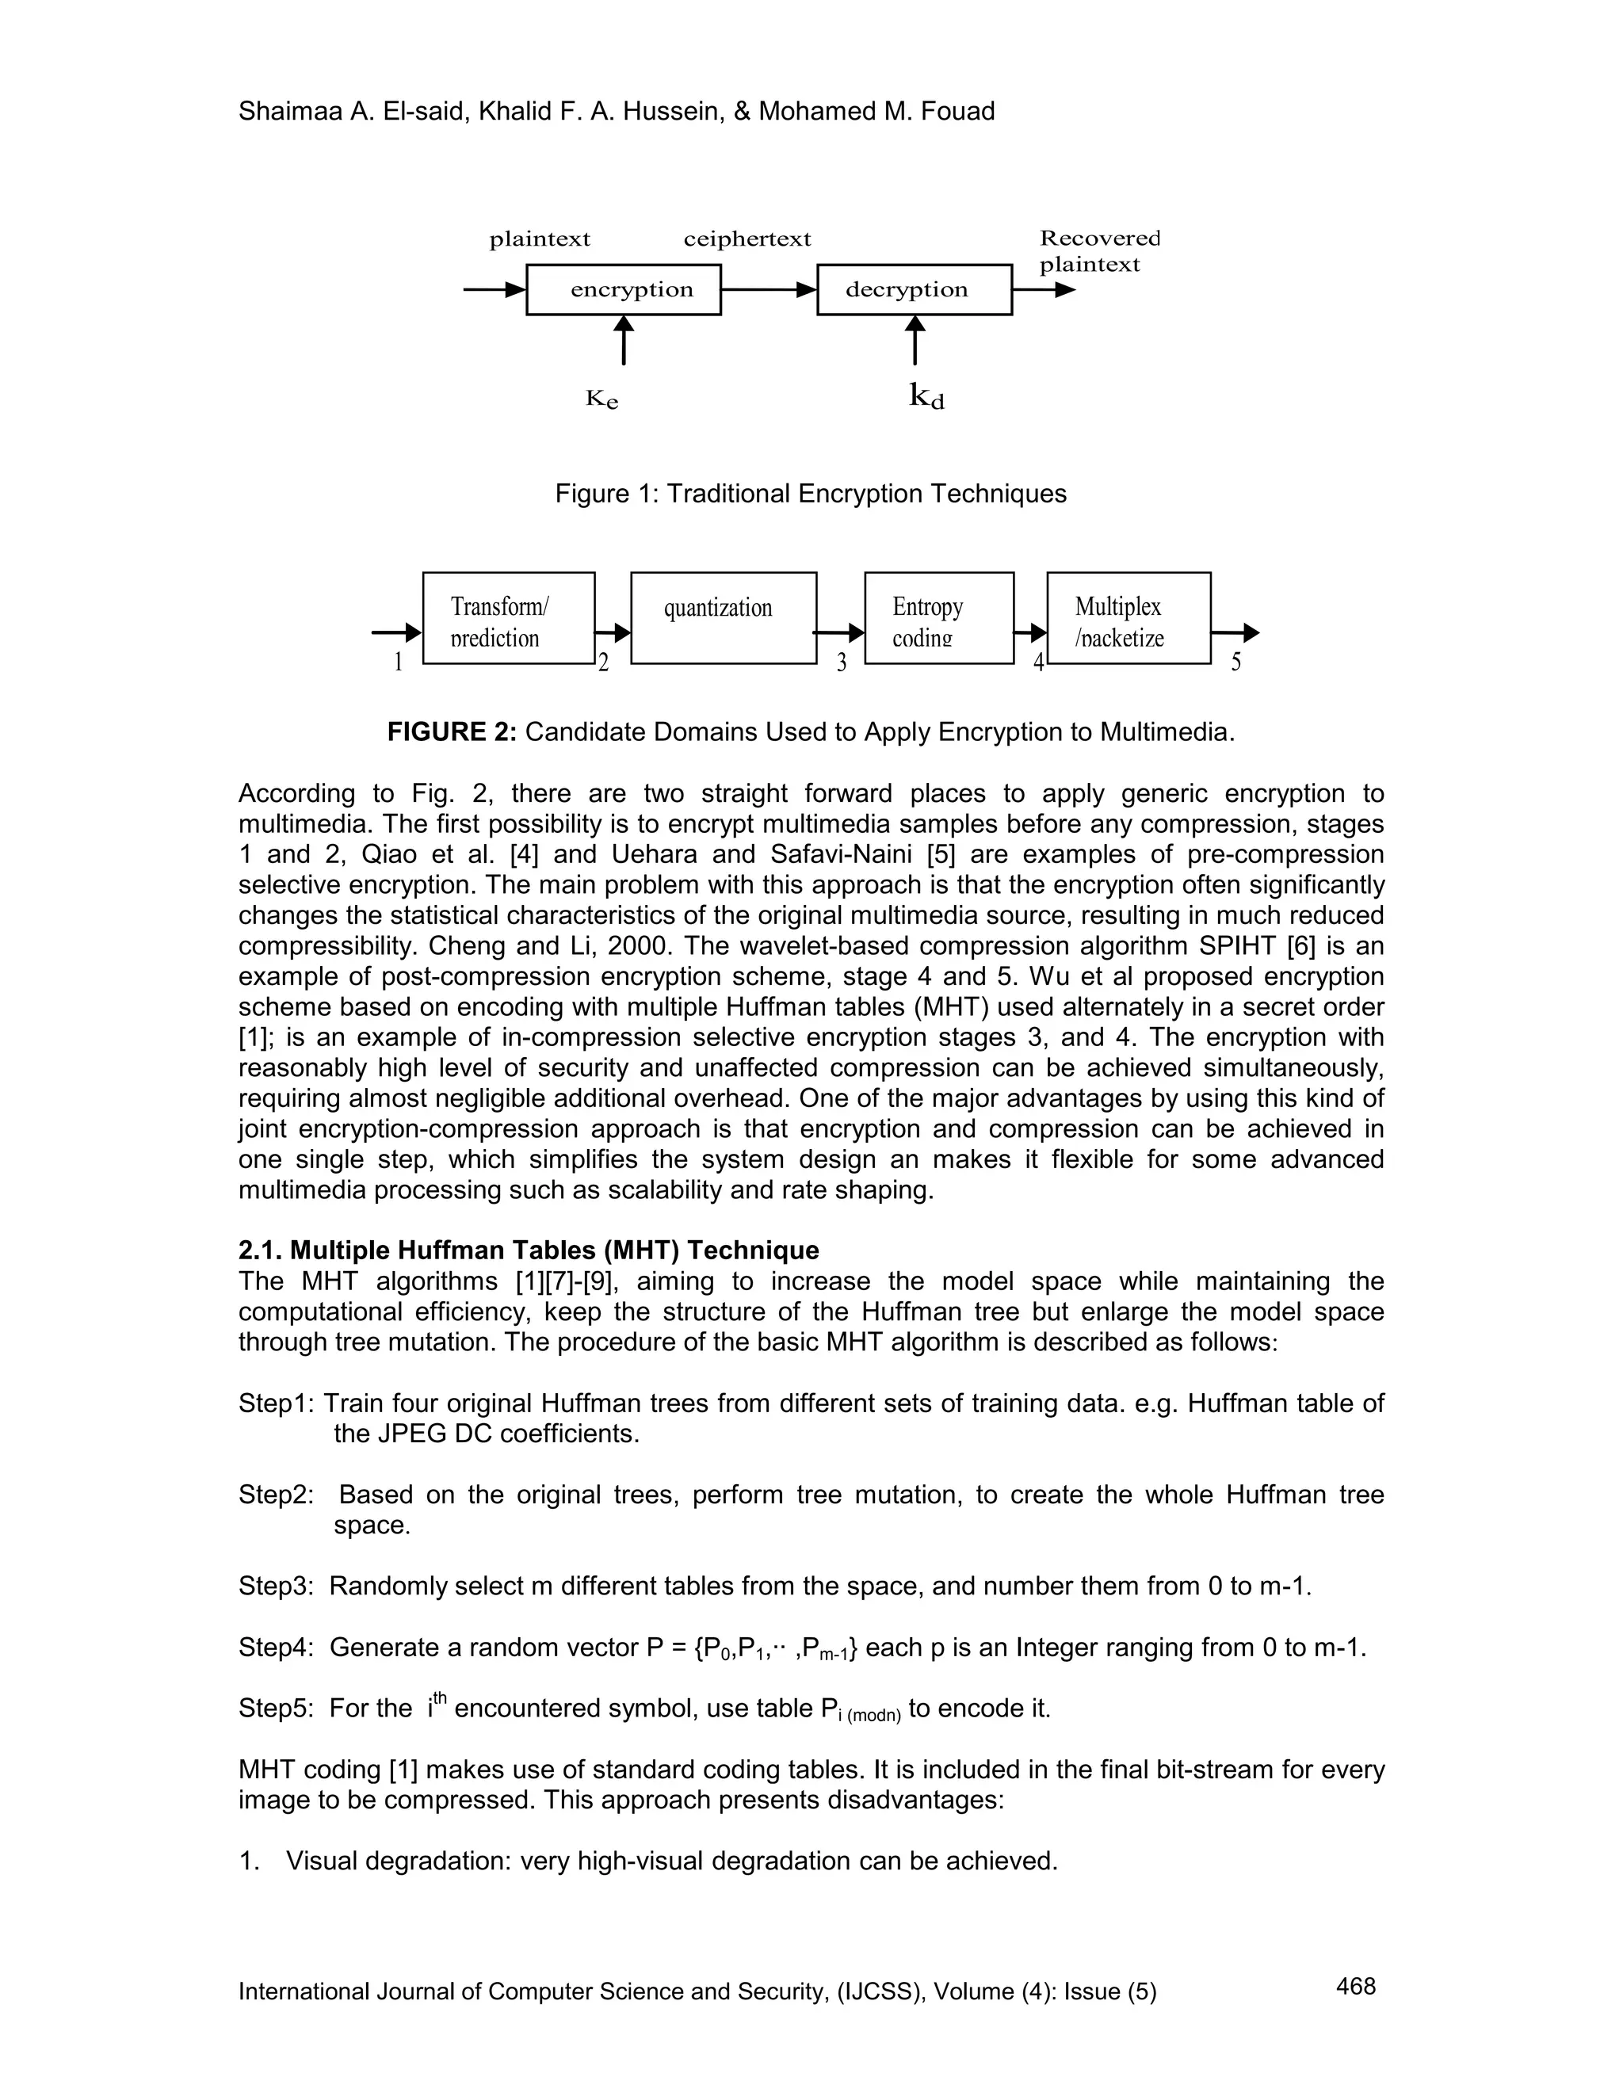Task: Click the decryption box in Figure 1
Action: pyautogui.click(x=914, y=289)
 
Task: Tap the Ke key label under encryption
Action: pyautogui.click(x=602, y=399)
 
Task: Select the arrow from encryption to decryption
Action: pyautogui.click(x=768, y=289)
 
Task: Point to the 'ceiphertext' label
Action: pyautogui.click(x=747, y=239)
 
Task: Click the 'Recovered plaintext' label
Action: pyautogui.click(x=1099, y=251)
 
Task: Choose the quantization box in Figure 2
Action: pyautogui.click(x=723, y=617)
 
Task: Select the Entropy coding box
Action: pyautogui.click(x=938, y=617)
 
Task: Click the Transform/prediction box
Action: pyautogui.click(x=508, y=617)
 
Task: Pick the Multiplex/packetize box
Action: pyautogui.click(x=1128, y=617)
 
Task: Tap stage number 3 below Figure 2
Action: pyautogui.click(x=842, y=662)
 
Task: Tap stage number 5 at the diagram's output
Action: pyautogui.click(x=1235, y=662)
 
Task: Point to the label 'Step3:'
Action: pyautogui.click(x=276, y=1586)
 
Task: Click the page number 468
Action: pyautogui.click(x=1356, y=1986)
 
